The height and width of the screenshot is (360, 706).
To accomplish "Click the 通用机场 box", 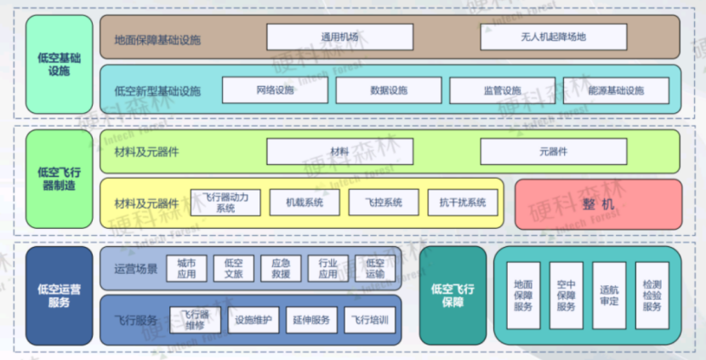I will (x=340, y=37).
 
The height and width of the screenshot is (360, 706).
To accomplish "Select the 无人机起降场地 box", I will (x=553, y=37).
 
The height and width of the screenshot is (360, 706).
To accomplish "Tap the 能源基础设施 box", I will (x=616, y=90).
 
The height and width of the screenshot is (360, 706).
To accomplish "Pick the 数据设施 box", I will (x=389, y=90).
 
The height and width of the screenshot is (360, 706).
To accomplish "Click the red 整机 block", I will (x=598, y=204).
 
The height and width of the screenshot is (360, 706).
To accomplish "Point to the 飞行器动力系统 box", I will (x=225, y=203).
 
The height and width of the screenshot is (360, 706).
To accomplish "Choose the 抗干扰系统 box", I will (x=462, y=203).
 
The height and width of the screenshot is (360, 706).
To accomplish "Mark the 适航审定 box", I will (x=609, y=294).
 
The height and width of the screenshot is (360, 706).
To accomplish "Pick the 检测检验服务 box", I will (x=652, y=294).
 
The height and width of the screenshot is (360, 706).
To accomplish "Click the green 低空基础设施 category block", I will (x=60, y=65).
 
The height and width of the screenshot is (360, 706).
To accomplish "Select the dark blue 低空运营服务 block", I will (x=60, y=295).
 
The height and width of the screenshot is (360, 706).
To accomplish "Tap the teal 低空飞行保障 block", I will (x=453, y=295).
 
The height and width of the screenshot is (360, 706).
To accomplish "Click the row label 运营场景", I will (x=135, y=269).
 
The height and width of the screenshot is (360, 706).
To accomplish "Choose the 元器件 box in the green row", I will (x=553, y=151).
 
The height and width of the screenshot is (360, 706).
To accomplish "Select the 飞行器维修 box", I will (x=195, y=320).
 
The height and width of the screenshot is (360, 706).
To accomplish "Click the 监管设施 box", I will (x=502, y=90).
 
